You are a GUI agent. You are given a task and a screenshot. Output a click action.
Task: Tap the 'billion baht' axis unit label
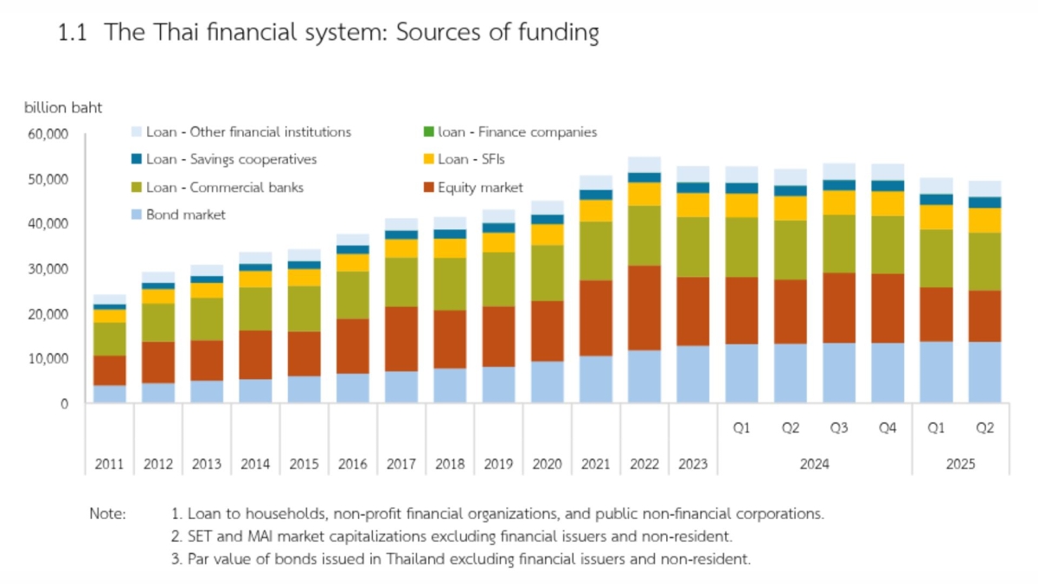coord(62,108)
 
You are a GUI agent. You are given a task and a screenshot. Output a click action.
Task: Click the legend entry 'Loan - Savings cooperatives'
coord(231,159)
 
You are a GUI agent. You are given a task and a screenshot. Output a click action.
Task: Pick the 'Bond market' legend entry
coord(185,215)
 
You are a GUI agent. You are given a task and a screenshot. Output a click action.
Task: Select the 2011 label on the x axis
coord(109,465)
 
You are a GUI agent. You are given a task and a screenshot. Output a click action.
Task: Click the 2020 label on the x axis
coord(547,465)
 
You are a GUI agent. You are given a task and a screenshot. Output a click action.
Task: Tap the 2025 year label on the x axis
coord(960,465)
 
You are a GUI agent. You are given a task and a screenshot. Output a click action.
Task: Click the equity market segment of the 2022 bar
coord(644,307)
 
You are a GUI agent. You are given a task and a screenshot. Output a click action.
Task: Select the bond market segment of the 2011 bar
coord(109,394)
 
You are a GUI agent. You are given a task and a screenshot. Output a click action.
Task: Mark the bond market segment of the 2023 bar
coord(693,375)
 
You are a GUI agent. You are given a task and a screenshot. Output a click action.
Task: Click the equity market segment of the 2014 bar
coord(255,355)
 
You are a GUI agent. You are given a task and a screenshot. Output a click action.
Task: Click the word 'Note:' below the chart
coord(108,513)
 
